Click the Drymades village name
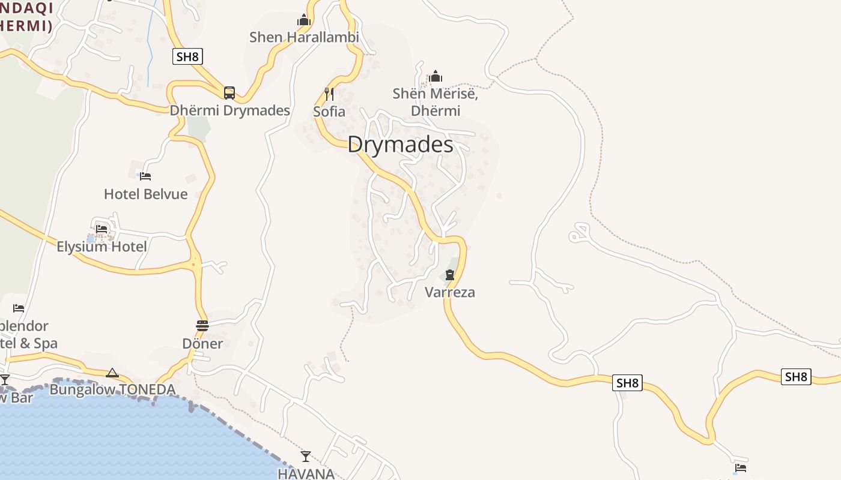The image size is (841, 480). click(x=400, y=145)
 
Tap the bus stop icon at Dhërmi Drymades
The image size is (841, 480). click(x=229, y=93)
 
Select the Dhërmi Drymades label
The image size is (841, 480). click(x=230, y=110)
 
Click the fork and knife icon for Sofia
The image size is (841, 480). click(x=329, y=94)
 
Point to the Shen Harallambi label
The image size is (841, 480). click(x=304, y=37)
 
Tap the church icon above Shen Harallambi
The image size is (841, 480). click(x=304, y=20)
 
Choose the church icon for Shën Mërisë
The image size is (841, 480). click(x=436, y=76)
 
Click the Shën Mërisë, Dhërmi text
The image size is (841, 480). click(x=436, y=102)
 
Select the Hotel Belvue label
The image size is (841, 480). click(x=145, y=194)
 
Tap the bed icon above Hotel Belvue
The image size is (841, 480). click(x=145, y=176)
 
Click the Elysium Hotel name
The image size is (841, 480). click(x=102, y=247)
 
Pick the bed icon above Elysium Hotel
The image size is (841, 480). click(x=102, y=229)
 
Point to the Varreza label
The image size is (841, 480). click(x=450, y=292)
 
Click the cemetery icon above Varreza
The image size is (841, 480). click(x=450, y=275)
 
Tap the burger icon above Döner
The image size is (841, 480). click(x=202, y=326)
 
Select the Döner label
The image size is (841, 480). click(x=202, y=344)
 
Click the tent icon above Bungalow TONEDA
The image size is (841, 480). click(x=112, y=373)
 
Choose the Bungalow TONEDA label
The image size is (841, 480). click(x=112, y=390)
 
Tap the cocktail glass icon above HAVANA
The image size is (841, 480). click(x=306, y=457)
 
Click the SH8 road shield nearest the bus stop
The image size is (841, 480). click(x=187, y=57)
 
